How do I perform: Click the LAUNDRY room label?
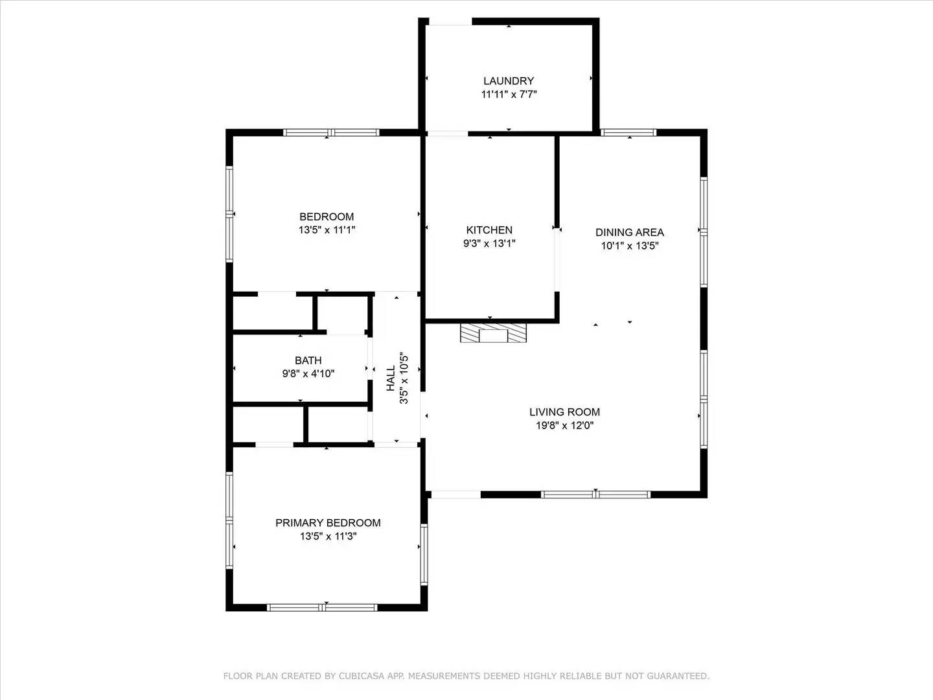click(509, 81)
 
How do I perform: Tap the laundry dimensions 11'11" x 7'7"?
click(509, 95)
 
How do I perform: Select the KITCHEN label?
click(489, 230)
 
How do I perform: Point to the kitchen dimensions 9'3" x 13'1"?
click(489, 244)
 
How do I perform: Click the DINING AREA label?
click(629, 232)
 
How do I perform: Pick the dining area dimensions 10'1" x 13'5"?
click(629, 246)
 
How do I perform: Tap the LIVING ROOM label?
click(564, 412)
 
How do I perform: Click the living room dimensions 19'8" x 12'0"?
click(564, 426)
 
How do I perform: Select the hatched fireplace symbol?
click(493, 333)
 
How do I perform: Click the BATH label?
click(308, 360)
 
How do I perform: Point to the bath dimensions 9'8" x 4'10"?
click(308, 374)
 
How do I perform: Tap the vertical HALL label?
click(391, 378)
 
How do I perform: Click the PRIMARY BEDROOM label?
click(328, 523)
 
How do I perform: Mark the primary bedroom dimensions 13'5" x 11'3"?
click(328, 537)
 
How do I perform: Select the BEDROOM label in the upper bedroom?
click(327, 216)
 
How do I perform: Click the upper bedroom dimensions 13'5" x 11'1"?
click(327, 230)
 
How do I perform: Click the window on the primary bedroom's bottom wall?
click(322, 607)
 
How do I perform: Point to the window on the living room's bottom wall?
click(595, 495)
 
